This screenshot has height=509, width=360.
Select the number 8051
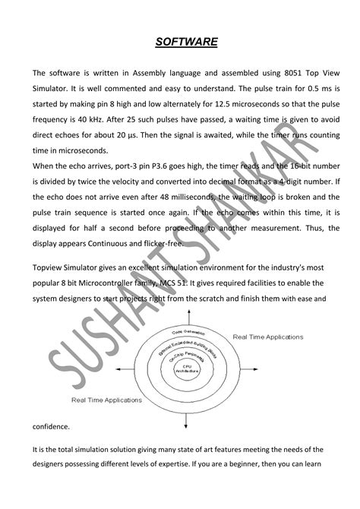(x=279, y=73)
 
